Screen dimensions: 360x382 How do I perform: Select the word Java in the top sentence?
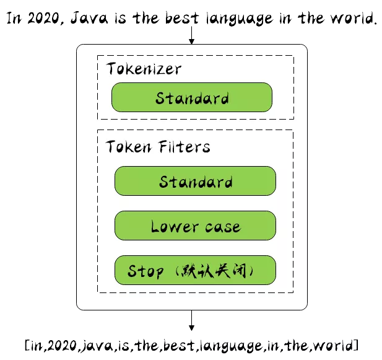(90, 18)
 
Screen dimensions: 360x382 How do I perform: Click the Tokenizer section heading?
(144, 68)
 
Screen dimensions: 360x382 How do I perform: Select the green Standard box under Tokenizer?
(192, 98)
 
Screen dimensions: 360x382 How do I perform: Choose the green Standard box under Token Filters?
(195, 182)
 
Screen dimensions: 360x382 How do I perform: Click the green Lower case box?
(195, 226)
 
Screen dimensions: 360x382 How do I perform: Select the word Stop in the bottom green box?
(145, 271)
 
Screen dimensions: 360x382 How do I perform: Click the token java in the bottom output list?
(95, 344)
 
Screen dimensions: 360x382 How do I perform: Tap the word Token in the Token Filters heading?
(128, 147)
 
